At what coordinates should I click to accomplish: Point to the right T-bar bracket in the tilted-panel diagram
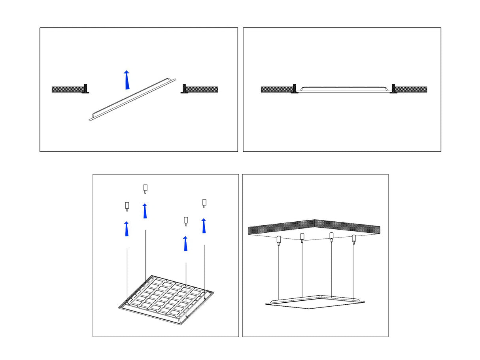(x=184, y=89)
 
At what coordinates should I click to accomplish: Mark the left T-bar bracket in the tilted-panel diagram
(x=85, y=89)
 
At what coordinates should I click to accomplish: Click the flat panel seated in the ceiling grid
(x=343, y=88)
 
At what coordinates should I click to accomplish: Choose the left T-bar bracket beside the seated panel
(x=294, y=89)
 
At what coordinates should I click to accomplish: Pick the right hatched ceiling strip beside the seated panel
(x=411, y=89)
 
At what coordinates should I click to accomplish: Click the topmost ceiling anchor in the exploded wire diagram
(x=145, y=188)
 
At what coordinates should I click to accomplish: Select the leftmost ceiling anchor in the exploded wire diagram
(x=127, y=206)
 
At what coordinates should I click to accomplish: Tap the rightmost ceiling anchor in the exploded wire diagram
(x=204, y=203)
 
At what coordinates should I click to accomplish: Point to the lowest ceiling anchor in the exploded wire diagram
(x=186, y=221)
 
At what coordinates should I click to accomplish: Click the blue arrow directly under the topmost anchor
(x=145, y=211)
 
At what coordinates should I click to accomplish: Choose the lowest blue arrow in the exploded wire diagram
(x=185, y=244)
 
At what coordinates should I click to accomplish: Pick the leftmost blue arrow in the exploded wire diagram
(x=127, y=229)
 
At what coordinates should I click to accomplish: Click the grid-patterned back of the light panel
(x=166, y=298)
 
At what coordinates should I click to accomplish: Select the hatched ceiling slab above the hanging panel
(x=314, y=228)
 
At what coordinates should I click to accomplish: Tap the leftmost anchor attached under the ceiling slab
(x=279, y=240)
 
